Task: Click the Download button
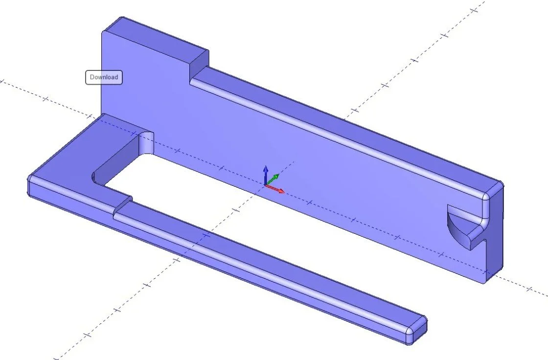104,77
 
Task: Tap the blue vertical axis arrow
265,173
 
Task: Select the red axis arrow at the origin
277,189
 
